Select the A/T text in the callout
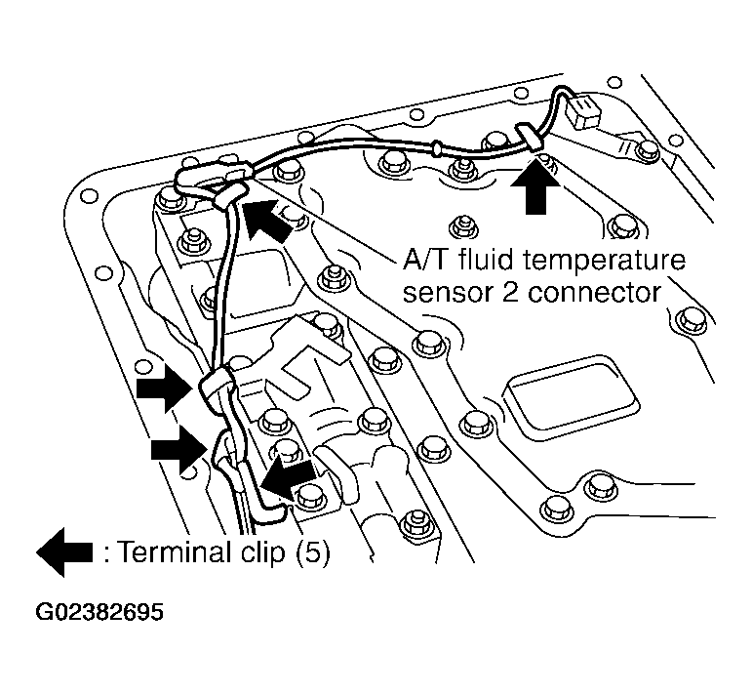(x=427, y=262)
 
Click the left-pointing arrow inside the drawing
(x=288, y=476)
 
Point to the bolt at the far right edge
(x=690, y=320)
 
